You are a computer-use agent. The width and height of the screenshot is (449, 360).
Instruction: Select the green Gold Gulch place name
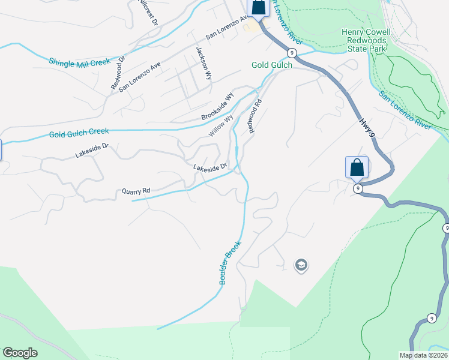(x=272, y=64)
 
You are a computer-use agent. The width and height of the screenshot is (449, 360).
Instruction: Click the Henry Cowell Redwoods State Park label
(x=366, y=40)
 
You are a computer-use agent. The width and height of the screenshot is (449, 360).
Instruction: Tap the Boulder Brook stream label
(x=229, y=263)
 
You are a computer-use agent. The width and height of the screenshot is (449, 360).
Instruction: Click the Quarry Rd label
(x=135, y=191)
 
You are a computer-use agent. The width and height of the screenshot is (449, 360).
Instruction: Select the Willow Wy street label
(x=220, y=125)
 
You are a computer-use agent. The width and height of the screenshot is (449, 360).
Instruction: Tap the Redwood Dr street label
(x=117, y=73)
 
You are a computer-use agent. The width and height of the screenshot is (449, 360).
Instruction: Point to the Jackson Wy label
(x=203, y=62)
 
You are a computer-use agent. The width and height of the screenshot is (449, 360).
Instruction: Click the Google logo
(x=20, y=353)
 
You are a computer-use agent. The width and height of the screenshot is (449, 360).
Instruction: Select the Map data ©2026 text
(x=424, y=355)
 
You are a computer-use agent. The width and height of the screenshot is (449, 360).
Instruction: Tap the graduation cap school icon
(x=301, y=265)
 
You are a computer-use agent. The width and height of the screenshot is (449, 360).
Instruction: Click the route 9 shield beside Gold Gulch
(x=291, y=53)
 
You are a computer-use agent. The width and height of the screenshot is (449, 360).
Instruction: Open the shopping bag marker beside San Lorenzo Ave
(x=258, y=8)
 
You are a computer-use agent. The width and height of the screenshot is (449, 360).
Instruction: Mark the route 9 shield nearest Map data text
(x=432, y=318)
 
